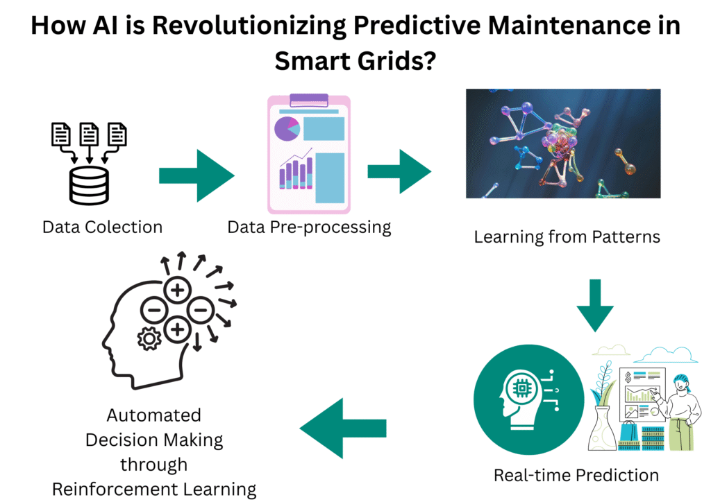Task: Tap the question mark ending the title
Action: (428, 60)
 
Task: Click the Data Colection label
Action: (102, 227)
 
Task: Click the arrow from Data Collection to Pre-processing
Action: (197, 175)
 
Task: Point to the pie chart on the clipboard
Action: (287, 128)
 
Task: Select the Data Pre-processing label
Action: (309, 227)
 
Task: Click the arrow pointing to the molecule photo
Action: (399, 170)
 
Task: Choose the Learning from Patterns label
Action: (567, 237)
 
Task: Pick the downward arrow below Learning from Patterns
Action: (595, 304)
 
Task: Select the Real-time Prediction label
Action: (576, 475)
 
